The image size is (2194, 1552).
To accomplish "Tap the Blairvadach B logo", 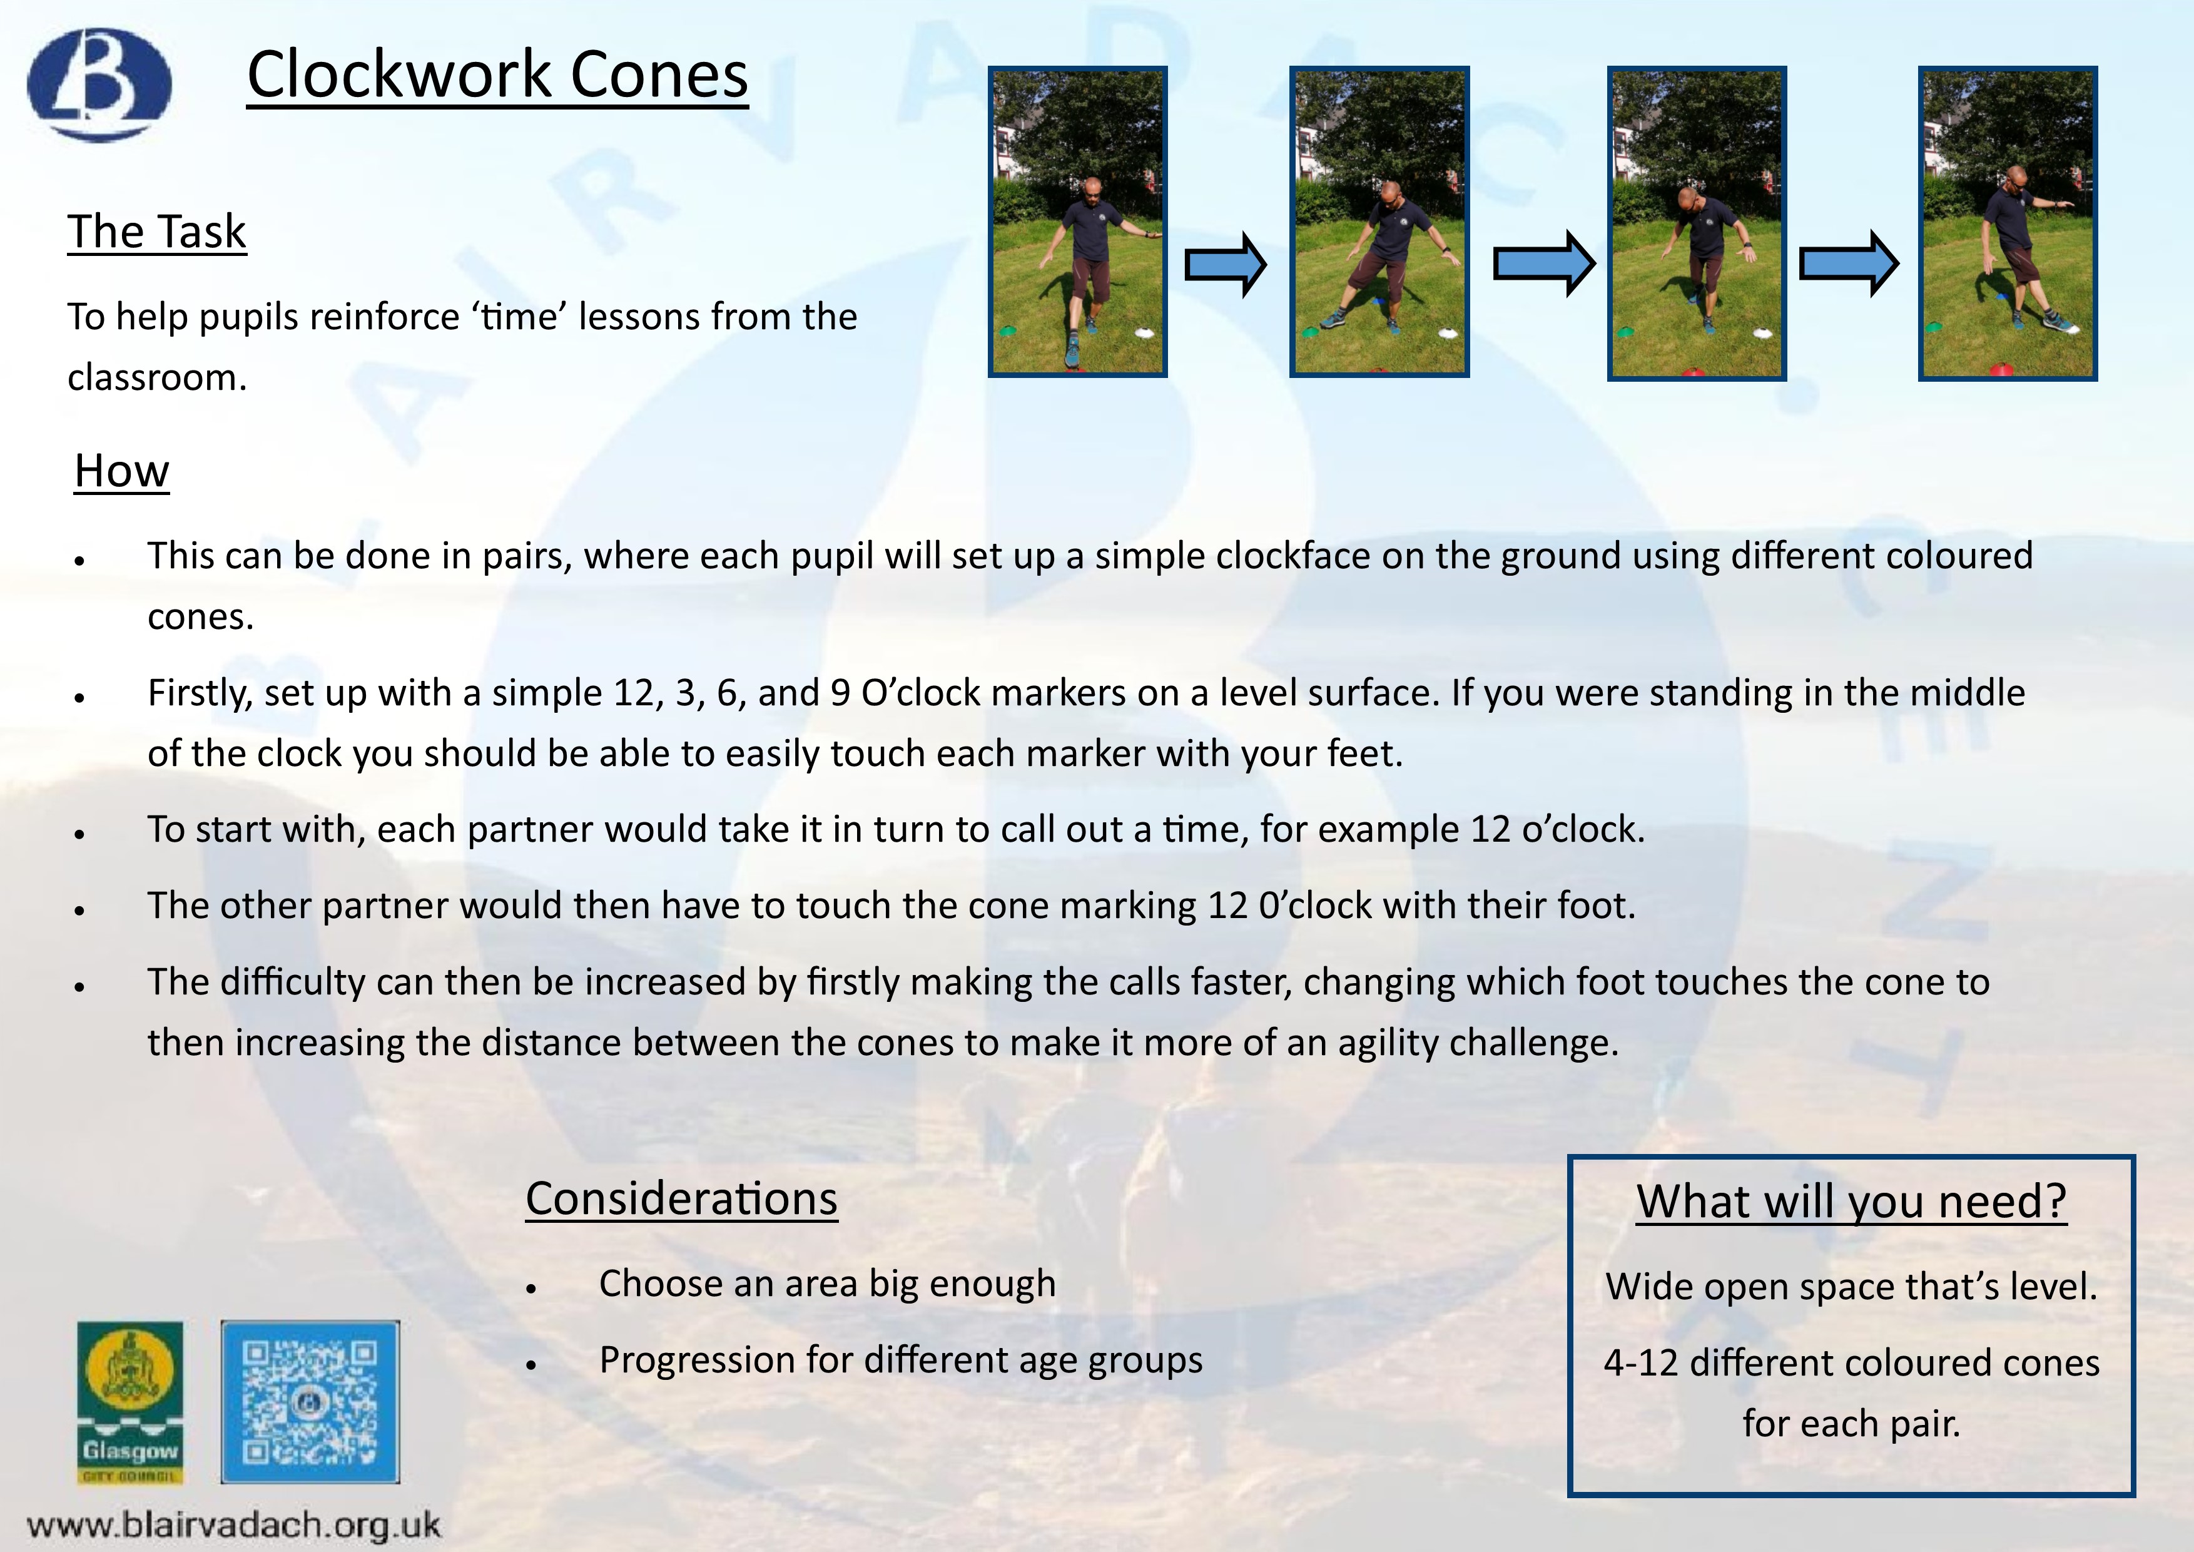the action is [99, 84].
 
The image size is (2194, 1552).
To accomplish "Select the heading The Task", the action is [156, 232].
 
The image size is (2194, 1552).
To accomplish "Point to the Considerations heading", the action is [681, 1198].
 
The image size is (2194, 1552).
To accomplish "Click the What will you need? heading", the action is [1851, 1202].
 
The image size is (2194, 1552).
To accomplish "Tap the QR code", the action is [310, 1402].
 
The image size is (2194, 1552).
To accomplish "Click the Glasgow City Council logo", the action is [130, 1402].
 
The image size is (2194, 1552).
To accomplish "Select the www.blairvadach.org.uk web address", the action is [234, 1523].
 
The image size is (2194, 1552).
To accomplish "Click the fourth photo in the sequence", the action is [2008, 223].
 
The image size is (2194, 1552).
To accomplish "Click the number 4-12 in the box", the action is [1641, 1363].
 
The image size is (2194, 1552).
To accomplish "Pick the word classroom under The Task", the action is [156, 377].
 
